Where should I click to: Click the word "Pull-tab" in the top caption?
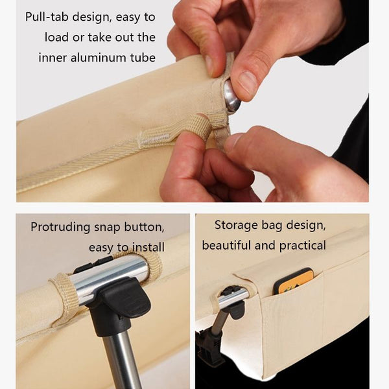point(47,17)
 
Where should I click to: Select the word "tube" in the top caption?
point(143,58)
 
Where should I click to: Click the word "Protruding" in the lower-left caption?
point(60,228)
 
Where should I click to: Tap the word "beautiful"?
point(226,245)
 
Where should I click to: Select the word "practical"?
point(302,246)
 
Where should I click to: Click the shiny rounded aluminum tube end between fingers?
point(231,96)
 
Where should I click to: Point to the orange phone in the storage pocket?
point(294,281)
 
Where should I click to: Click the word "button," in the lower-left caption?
point(144,228)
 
